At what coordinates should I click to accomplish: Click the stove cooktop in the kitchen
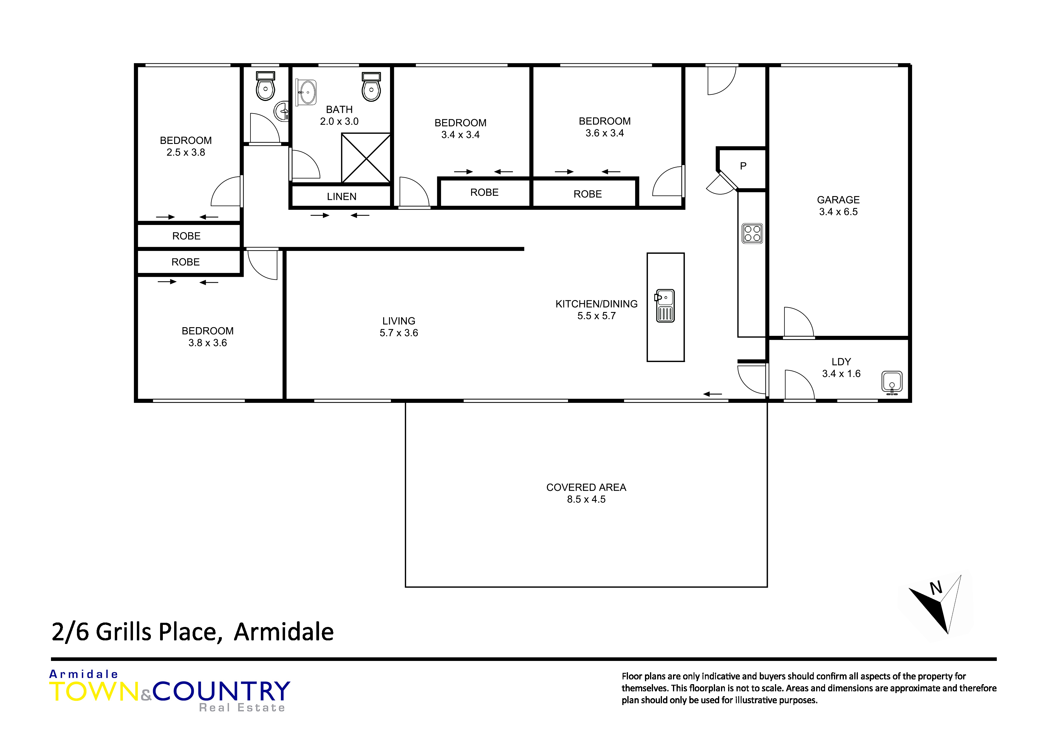coord(752,234)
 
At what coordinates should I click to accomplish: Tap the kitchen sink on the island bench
coord(665,306)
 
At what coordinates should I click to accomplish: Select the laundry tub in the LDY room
coord(892,383)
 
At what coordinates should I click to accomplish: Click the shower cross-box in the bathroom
coord(366,158)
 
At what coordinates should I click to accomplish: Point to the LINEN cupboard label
coord(342,197)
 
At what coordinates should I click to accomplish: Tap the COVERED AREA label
coord(586,487)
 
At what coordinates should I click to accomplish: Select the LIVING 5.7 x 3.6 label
coord(399,327)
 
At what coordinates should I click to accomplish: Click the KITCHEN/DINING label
coord(596,304)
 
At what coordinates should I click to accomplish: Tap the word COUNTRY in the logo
coord(222,691)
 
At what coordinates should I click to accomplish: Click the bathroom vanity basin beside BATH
coord(306,92)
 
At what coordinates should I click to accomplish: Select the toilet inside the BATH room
coord(371,86)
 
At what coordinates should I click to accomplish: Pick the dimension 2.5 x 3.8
coord(186,153)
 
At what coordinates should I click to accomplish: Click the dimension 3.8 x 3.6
coord(208,343)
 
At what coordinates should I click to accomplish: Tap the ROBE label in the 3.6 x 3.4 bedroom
coord(588,194)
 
